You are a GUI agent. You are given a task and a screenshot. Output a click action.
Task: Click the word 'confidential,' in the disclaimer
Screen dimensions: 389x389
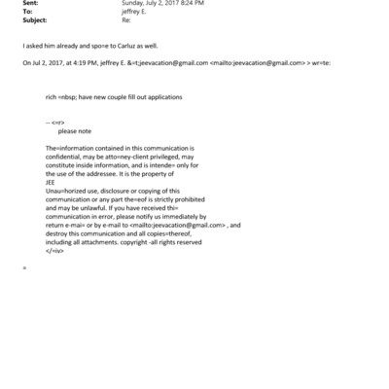pos(67,156)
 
